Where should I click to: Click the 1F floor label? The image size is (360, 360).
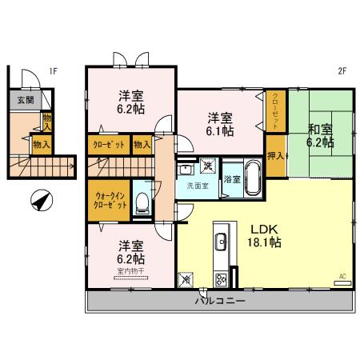point(53,70)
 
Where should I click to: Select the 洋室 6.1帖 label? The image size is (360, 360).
point(218,121)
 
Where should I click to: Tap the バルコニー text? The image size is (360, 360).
point(219,302)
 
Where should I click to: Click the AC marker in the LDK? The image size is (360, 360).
point(342,277)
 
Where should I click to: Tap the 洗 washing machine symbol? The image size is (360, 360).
point(208,167)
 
